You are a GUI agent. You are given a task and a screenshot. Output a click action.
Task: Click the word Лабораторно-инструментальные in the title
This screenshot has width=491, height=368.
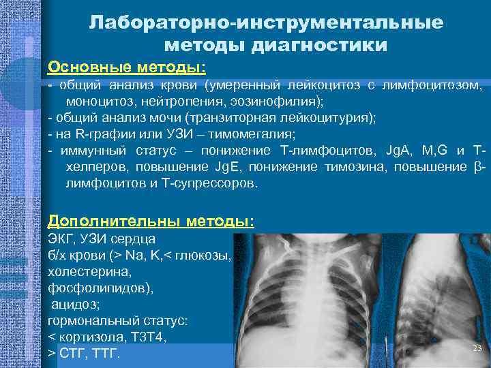click(x=266, y=22)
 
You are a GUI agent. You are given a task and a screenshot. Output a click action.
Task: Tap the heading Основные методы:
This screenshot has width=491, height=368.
click(x=127, y=68)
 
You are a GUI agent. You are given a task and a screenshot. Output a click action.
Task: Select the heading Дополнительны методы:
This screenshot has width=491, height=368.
click(x=151, y=221)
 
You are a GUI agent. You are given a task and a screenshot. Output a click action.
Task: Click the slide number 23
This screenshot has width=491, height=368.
click(x=477, y=348)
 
